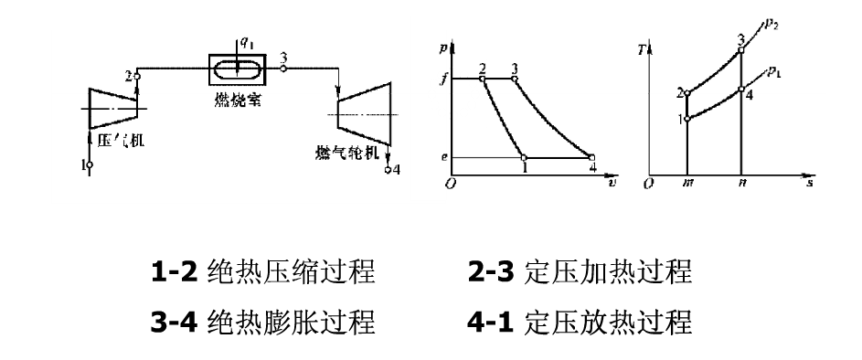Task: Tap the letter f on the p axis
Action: coord(442,79)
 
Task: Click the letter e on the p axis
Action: coord(443,157)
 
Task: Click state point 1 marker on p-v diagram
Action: coord(524,157)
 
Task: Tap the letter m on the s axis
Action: coord(686,183)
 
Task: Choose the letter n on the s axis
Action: coord(740,183)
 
